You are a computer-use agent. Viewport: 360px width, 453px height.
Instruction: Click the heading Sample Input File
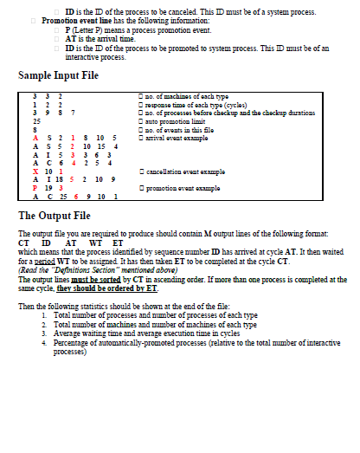point(58,76)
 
